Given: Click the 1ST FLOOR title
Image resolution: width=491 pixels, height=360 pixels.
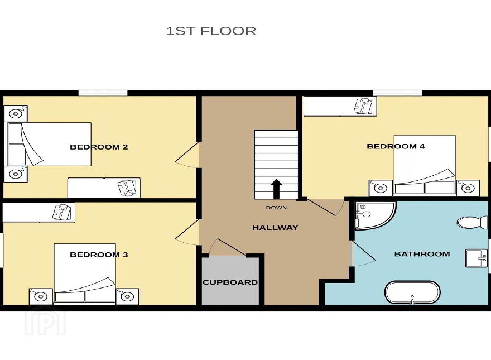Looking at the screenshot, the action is (211, 31).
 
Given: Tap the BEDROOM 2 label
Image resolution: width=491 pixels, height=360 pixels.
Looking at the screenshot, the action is (99, 147).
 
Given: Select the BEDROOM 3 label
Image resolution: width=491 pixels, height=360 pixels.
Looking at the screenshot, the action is (99, 255).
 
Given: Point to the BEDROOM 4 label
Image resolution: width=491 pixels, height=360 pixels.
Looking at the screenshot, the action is (396, 146).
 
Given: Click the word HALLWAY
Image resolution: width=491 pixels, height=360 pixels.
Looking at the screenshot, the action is (275, 228).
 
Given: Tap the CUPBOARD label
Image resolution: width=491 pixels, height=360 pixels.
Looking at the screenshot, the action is (230, 282).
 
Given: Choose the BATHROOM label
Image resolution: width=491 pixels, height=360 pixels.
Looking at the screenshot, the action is (422, 254).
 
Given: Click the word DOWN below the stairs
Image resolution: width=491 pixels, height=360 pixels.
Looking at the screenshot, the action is (276, 208).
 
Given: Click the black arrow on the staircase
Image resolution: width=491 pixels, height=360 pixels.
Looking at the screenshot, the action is (276, 189).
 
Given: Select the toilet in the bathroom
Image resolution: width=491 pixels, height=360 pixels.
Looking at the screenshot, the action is (472, 222).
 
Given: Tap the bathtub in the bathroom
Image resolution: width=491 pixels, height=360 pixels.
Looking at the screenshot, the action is (412, 292).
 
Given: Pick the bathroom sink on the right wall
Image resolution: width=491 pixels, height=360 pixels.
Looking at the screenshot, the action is (476, 258).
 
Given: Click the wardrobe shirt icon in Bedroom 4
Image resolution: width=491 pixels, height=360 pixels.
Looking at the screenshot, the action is (363, 106).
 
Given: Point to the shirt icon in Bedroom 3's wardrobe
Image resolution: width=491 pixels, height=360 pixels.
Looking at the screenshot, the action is (62, 212).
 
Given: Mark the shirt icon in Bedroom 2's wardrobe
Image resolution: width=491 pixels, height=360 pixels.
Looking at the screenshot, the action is (127, 188).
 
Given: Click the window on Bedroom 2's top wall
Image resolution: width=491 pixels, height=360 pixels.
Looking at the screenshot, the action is (103, 93).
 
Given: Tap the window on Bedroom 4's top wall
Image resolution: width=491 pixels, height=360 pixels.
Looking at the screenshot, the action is (397, 93).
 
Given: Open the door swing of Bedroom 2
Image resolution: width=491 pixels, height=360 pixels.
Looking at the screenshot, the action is (187, 155).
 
